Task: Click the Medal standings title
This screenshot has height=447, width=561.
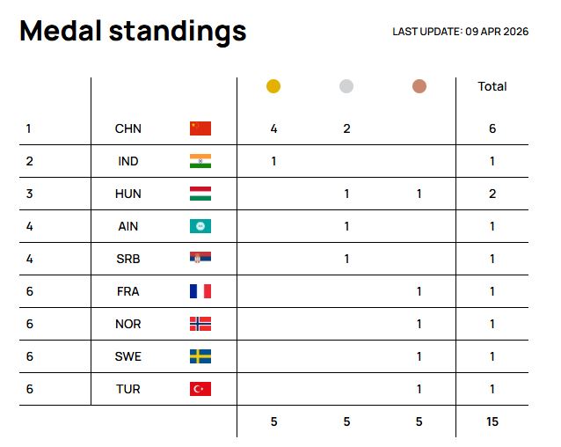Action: (x=133, y=32)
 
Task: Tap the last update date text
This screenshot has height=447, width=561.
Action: (x=460, y=32)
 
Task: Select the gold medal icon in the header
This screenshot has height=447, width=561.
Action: (x=273, y=86)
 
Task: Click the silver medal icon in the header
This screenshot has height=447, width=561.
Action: (x=346, y=86)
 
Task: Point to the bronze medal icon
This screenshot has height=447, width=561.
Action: (x=419, y=86)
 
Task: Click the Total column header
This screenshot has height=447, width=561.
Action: (x=492, y=86)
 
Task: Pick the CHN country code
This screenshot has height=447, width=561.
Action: (x=128, y=128)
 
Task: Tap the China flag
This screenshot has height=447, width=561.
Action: (x=200, y=128)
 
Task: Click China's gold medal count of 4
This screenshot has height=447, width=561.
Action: (x=273, y=128)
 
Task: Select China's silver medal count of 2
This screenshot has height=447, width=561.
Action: (x=346, y=128)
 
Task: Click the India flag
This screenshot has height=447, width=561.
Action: (x=200, y=161)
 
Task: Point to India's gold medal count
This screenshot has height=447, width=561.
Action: (x=273, y=161)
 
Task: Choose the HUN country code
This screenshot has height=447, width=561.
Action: (x=128, y=194)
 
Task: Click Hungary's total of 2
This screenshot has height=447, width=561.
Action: (x=492, y=194)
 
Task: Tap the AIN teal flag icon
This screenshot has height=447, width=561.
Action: (x=200, y=226)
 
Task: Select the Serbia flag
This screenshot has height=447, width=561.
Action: (x=200, y=259)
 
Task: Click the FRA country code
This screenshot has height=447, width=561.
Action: (x=128, y=291)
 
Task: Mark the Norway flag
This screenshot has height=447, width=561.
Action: (x=200, y=324)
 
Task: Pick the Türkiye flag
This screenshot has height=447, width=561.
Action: (x=200, y=389)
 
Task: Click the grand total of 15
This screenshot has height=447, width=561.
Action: (x=492, y=421)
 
